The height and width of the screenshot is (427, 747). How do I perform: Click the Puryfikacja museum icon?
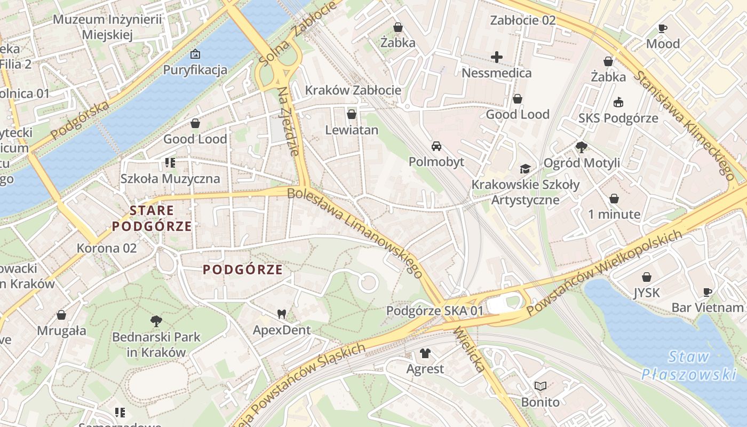click(x=195, y=54)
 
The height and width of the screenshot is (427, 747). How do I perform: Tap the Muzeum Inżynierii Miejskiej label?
click(x=107, y=27)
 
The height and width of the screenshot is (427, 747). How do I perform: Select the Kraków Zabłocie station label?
click(x=353, y=90)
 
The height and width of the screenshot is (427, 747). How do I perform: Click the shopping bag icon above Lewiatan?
click(x=351, y=114)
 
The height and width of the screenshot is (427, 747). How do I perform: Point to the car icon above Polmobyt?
click(x=436, y=146)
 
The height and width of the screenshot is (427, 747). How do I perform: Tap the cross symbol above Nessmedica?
click(x=497, y=57)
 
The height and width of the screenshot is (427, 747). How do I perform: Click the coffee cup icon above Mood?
click(x=663, y=28)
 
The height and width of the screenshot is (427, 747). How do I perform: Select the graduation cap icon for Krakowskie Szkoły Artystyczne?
click(x=525, y=169)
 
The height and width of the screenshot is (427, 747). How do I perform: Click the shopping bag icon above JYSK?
click(x=647, y=277)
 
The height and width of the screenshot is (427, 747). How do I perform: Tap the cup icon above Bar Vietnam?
click(x=708, y=292)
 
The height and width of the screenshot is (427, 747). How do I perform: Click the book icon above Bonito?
click(x=541, y=386)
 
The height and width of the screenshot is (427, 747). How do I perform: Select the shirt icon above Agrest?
click(x=425, y=353)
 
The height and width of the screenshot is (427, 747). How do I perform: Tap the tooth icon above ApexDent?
click(x=281, y=314)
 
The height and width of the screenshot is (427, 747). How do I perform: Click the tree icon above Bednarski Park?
click(x=156, y=321)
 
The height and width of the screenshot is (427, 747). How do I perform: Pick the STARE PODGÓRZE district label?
click(x=152, y=218)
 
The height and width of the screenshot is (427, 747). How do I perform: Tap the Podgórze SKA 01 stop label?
click(x=435, y=311)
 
